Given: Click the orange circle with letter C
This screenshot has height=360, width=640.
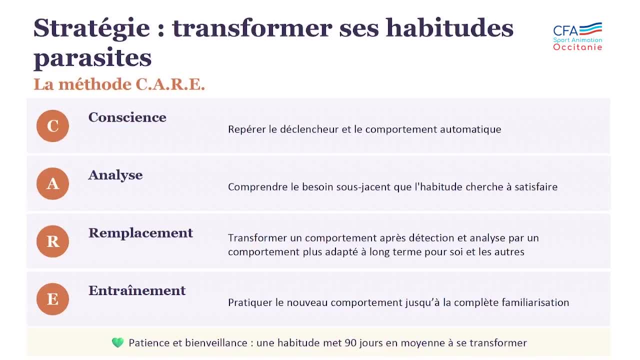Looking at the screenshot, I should [52, 126].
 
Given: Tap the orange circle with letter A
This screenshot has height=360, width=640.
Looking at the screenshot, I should [52, 184].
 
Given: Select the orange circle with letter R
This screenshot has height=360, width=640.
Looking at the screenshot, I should [52, 241].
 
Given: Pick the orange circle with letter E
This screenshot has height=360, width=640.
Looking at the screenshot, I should [52, 299].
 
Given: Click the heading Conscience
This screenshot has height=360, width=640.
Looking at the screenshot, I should [127, 117].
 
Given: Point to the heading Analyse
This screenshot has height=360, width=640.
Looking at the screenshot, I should [115, 175].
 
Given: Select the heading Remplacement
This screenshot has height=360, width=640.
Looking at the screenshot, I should [140, 233].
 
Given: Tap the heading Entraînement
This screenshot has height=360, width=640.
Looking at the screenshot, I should [137, 290].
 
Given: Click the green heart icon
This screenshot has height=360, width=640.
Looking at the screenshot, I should [117, 343].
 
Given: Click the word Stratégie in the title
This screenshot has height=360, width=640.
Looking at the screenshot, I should [91, 28].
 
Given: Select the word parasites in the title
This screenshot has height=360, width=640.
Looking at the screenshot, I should [92, 58].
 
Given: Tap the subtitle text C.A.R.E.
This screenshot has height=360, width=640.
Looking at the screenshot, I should [170, 84].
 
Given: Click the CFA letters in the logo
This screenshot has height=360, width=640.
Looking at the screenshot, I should [565, 30].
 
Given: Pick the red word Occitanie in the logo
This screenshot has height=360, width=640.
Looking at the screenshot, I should [577, 47].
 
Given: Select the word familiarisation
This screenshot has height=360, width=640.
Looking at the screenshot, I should [535, 302].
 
